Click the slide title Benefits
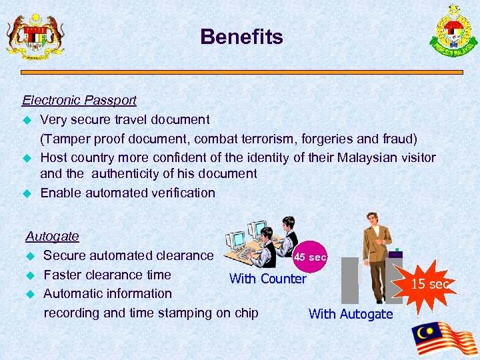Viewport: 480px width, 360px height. point(241,37)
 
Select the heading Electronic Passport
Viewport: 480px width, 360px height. point(79,101)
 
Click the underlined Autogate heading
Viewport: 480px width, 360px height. point(52,236)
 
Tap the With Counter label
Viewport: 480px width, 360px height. point(267,279)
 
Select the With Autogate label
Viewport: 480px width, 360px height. point(351,314)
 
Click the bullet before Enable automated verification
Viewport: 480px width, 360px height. point(28,193)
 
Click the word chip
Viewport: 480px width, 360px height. point(245,313)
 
